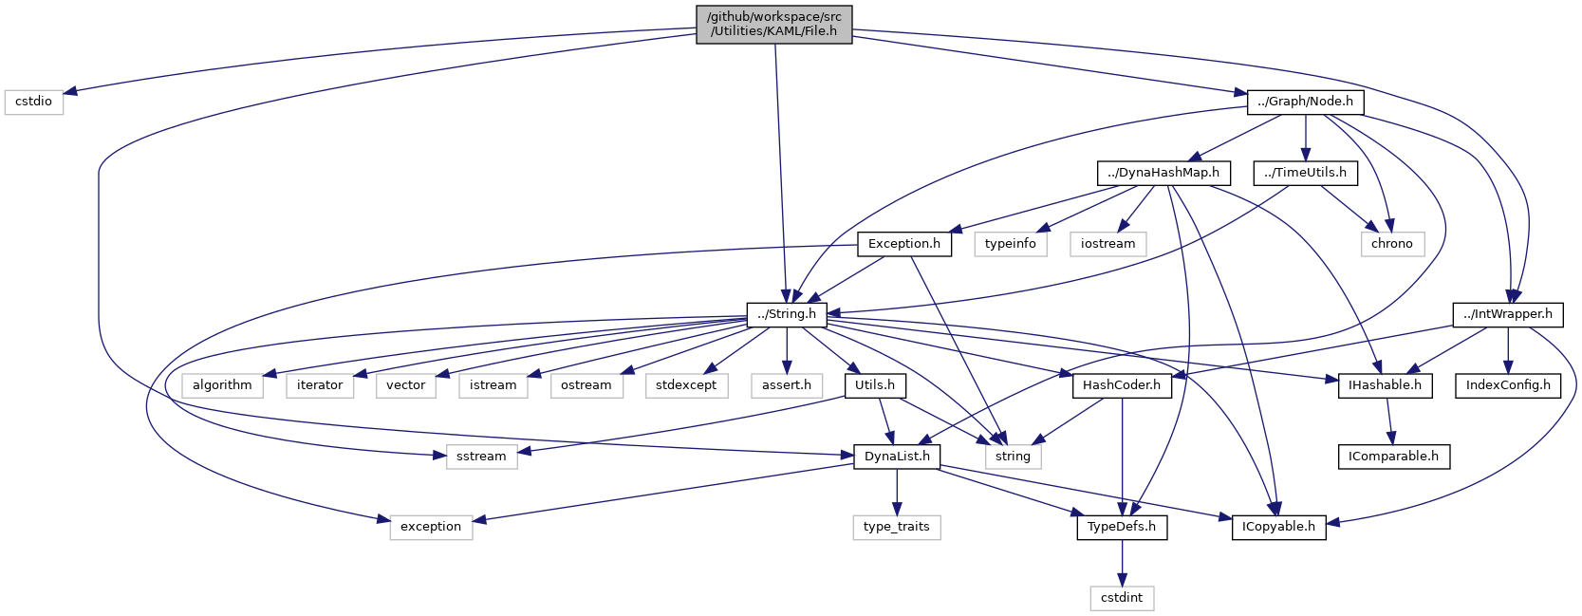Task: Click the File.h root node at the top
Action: pyautogui.click(x=773, y=24)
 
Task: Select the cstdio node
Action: pyautogui.click(x=34, y=102)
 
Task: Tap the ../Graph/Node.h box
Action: pyautogui.click(x=1305, y=102)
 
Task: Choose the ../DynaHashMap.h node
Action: pyautogui.click(x=1163, y=173)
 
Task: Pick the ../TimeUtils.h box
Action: pyautogui.click(x=1305, y=173)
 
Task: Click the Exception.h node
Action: pyautogui.click(x=903, y=244)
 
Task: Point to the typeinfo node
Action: pyautogui.click(x=1010, y=244)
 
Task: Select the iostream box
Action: pyautogui.click(x=1107, y=244)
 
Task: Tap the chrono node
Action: pyautogui.click(x=1391, y=244)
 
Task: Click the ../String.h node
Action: pyautogui.click(x=786, y=314)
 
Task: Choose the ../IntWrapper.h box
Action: pyautogui.click(x=1507, y=314)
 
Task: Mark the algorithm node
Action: pyautogui.click(x=222, y=385)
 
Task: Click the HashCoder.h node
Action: pyautogui.click(x=1121, y=385)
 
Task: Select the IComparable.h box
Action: pyautogui.click(x=1393, y=457)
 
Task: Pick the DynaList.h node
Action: pyautogui.click(x=897, y=457)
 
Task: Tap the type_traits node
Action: pyautogui.click(x=896, y=527)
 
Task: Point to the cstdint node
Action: pyautogui.click(x=1122, y=598)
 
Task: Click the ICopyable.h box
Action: pyautogui.click(x=1278, y=527)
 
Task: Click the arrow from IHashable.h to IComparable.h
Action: pyautogui.click(x=1390, y=420)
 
